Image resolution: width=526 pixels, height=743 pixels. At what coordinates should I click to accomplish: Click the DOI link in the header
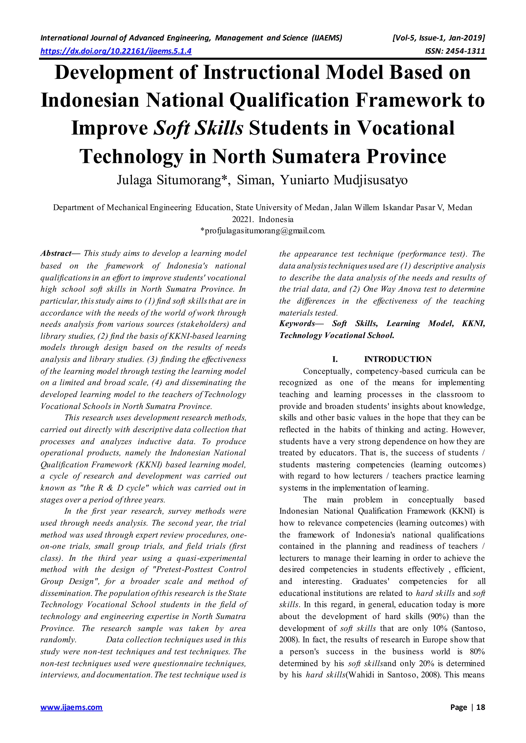point(116,51)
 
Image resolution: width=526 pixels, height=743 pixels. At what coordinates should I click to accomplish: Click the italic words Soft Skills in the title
point(198,128)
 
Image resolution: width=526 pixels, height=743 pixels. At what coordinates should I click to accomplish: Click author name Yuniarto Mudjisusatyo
point(344,180)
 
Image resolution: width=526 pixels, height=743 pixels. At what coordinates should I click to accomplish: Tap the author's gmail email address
point(263,231)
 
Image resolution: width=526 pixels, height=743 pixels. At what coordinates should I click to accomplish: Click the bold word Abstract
point(56,253)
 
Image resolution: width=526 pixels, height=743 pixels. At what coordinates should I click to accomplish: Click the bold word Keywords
point(297,323)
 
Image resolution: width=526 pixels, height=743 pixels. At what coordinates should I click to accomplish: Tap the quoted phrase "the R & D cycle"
point(114,488)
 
